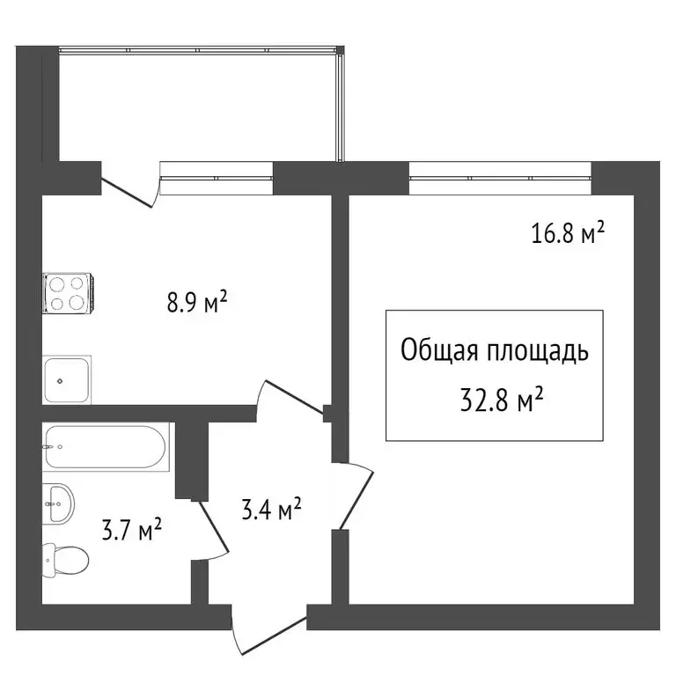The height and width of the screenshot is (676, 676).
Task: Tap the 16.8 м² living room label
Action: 567,233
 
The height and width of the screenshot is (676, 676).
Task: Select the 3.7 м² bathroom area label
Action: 131,531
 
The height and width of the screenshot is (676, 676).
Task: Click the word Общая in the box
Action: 438,352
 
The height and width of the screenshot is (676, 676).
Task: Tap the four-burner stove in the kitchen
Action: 67,293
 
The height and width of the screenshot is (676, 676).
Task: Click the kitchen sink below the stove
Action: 67,380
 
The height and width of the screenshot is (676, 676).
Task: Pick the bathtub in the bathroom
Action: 106,446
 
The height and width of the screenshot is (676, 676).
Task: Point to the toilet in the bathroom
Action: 66,557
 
